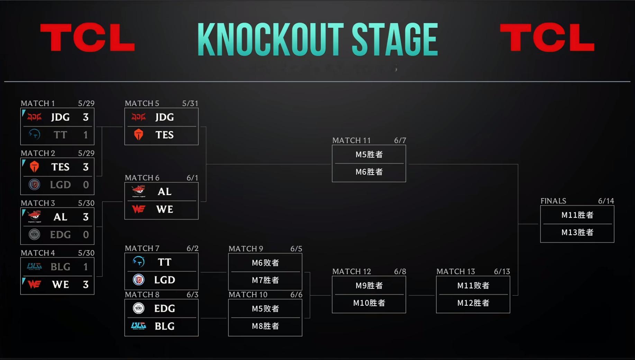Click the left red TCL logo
87,37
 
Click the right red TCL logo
547,37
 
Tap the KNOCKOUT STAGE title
318,39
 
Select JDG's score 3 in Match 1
85,117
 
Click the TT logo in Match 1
34,134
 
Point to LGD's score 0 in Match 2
86,185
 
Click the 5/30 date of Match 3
86,203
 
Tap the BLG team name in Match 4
61,267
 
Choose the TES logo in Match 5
138,135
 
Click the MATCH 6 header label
142,178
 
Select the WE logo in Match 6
138,209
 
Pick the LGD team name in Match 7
165,280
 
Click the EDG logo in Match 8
138,308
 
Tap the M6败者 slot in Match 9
265,263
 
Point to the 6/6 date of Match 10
296,295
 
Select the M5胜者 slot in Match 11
369,155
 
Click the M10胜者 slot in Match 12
369,303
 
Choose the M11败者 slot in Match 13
473,286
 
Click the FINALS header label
553,201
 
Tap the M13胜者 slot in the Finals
578,232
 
